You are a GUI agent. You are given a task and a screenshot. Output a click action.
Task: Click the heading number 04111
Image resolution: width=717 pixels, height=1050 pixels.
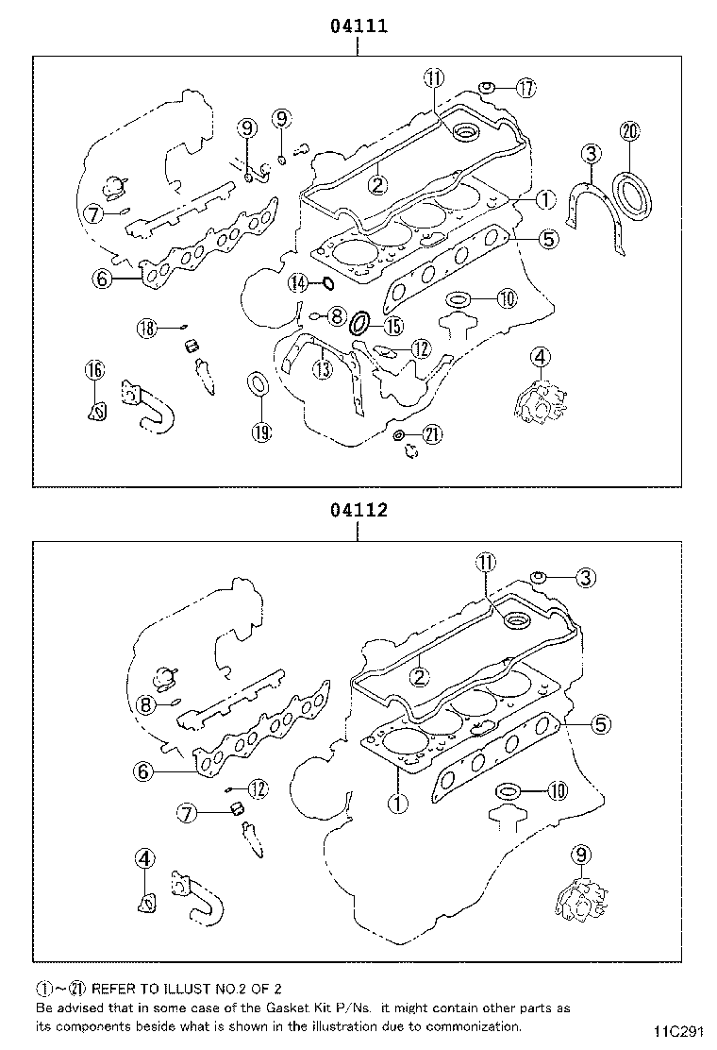point(358,27)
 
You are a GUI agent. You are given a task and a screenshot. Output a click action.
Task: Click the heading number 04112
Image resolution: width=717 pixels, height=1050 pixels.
point(358,511)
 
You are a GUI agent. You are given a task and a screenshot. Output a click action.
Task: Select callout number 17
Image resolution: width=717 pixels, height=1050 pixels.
point(525,89)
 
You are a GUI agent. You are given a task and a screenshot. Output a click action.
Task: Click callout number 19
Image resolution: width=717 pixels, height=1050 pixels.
point(261,432)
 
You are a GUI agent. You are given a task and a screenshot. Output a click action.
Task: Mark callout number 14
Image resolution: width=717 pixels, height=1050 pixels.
point(298,282)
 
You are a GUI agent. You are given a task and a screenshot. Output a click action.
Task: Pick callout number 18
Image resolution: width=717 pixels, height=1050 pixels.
point(145,328)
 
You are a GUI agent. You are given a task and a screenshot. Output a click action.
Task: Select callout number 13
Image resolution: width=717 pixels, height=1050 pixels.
point(324,368)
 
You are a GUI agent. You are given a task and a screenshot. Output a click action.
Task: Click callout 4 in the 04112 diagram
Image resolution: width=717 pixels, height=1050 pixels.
point(143,858)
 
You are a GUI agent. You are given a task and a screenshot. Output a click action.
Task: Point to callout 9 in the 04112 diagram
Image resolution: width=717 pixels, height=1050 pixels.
point(580,855)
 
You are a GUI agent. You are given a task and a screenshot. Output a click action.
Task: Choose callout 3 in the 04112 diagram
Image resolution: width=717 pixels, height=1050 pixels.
point(585,578)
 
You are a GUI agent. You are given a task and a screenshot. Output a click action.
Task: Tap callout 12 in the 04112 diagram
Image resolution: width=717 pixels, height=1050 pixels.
point(258,787)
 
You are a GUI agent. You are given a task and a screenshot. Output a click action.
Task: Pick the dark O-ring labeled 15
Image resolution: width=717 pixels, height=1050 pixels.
point(360,324)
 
